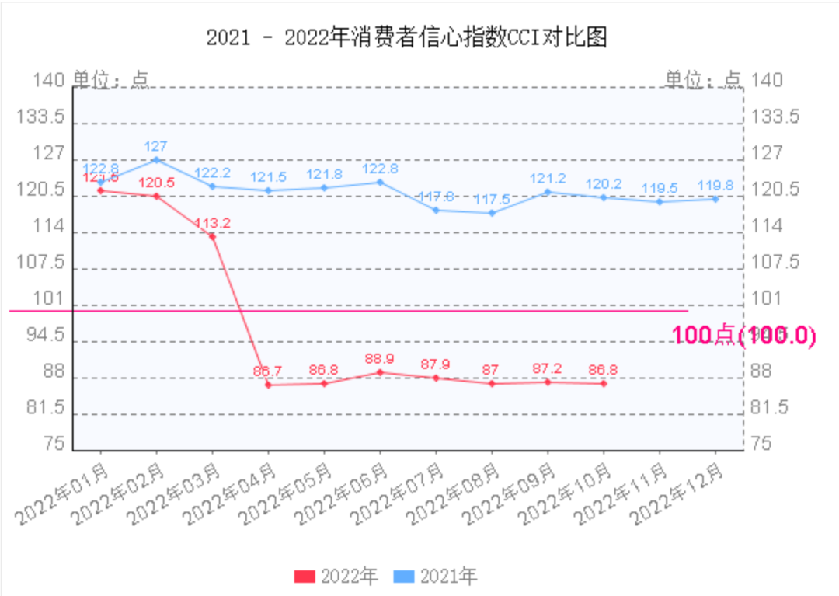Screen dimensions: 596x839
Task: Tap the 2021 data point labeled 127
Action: point(156,160)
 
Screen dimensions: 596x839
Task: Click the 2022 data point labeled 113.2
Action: point(212,236)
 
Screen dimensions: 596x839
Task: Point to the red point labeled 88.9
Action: point(380,372)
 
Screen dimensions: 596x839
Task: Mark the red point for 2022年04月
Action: point(268,385)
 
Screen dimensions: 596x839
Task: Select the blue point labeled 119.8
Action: point(715,200)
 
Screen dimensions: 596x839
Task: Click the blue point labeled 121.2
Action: point(548,192)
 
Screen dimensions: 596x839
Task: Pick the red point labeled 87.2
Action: point(548,382)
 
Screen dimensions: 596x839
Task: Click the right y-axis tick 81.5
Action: point(770,408)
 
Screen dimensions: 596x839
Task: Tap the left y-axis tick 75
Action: point(54,444)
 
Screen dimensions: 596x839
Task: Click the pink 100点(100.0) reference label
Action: point(743,335)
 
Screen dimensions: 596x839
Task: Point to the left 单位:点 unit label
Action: point(110,79)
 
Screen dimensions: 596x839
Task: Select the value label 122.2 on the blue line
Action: point(211,173)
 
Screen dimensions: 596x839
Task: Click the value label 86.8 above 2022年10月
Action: point(603,369)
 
